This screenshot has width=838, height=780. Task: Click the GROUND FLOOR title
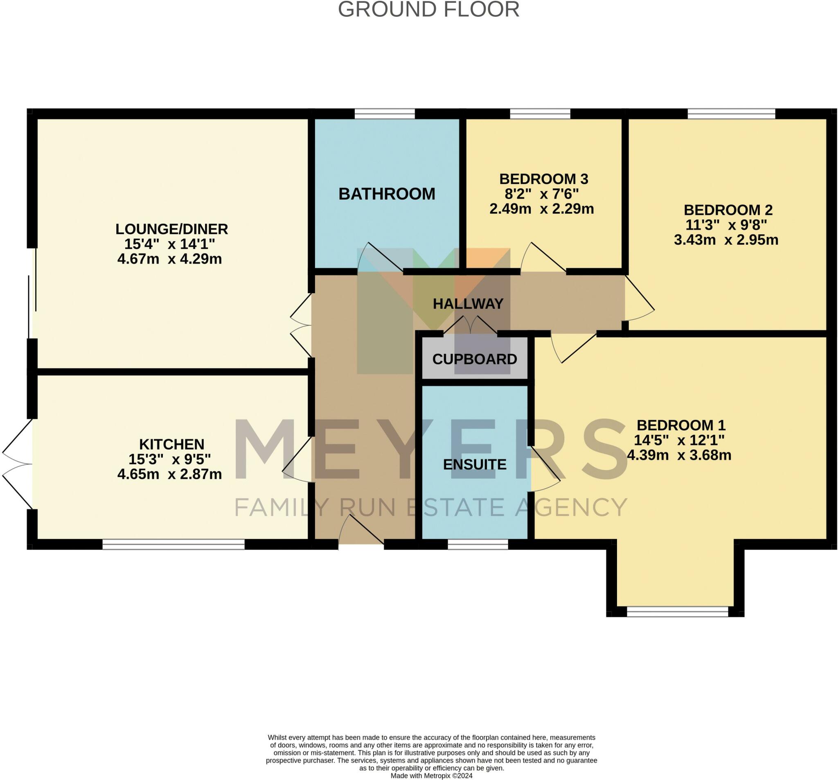click(x=428, y=9)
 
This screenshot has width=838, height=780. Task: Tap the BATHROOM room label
click(x=387, y=194)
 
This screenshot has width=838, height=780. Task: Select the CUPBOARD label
click(x=475, y=359)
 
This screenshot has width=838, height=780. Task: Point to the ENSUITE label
click(x=475, y=464)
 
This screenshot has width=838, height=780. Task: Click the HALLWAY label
click(x=468, y=304)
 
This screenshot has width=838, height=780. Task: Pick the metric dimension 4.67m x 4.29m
click(x=169, y=259)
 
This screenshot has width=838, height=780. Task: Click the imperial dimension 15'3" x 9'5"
click(x=169, y=459)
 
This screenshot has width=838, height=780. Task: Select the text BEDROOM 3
click(x=544, y=179)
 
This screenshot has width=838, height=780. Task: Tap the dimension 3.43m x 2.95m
click(x=726, y=240)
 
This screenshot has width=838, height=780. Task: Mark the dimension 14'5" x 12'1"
click(x=679, y=440)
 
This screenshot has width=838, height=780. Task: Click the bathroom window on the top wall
click(x=385, y=113)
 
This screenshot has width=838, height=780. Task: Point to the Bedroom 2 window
click(x=731, y=113)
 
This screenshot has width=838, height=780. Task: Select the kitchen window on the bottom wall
click(x=173, y=544)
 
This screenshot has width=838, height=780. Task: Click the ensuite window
click(x=478, y=544)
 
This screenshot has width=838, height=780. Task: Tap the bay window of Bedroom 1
click(x=678, y=612)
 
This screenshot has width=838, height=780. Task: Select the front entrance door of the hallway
click(x=361, y=530)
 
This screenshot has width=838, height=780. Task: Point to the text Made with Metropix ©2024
click(x=432, y=776)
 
